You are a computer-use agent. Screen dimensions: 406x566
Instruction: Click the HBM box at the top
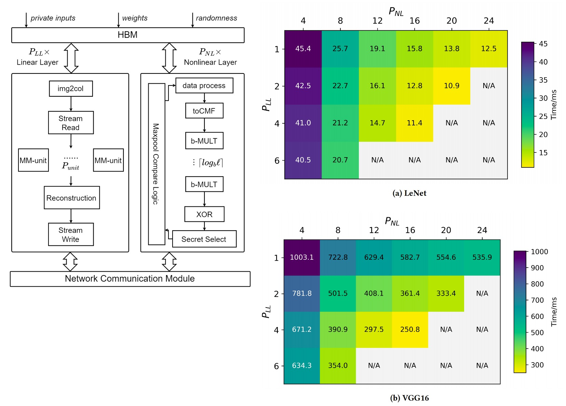pyautogui.click(x=127, y=35)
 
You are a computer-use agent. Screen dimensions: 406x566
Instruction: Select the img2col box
pyautogui.click(x=70, y=89)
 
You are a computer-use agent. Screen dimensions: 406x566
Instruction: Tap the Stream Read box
pyautogui.click(x=70, y=123)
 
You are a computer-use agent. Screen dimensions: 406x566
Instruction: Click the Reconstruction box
pyautogui.click(x=71, y=198)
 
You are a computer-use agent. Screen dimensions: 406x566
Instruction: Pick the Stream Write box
pyautogui.click(x=70, y=234)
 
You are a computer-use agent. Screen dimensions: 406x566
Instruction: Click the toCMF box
pyautogui.click(x=204, y=111)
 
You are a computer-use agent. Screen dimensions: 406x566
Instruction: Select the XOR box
pyautogui.click(x=204, y=214)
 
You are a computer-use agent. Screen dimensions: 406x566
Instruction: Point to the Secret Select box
pyautogui.click(x=204, y=239)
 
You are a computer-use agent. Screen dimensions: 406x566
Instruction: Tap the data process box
pyautogui.click(x=204, y=85)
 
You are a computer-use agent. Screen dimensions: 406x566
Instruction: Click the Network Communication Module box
pyautogui.click(x=130, y=279)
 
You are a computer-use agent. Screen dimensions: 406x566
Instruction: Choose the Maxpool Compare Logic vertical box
pyautogui.click(x=156, y=164)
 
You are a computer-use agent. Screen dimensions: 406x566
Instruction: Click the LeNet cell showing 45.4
pyautogui.click(x=303, y=49)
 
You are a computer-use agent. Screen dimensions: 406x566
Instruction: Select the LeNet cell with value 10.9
pyautogui.click(x=452, y=86)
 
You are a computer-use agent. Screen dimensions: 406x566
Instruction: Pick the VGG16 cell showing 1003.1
pyautogui.click(x=301, y=257)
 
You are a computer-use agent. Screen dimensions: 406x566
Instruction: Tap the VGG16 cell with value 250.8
pyautogui.click(x=410, y=329)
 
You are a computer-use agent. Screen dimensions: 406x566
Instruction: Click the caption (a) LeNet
pyautogui.click(x=409, y=193)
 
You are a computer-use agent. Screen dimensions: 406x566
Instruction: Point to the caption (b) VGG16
pyautogui.click(x=409, y=398)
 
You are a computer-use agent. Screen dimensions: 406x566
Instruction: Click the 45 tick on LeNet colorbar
pyautogui.click(x=543, y=44)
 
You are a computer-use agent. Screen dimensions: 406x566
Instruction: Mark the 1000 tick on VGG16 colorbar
pyautogui.click(x=539, y=252)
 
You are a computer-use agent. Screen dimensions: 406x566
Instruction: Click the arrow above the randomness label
pyautogui.click(x=192, y=20)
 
